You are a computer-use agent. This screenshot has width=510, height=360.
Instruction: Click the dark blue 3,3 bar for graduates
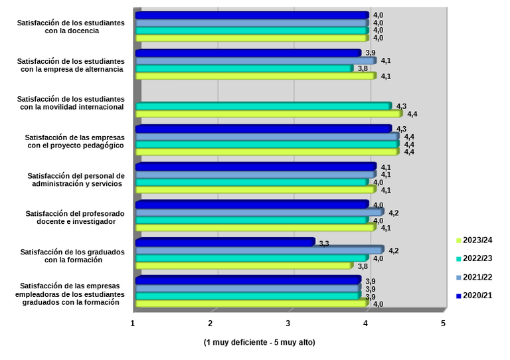pyautogui.click(x=224, y=242)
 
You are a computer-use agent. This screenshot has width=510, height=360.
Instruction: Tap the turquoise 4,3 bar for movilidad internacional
pyautogui.click(x=263, y=106)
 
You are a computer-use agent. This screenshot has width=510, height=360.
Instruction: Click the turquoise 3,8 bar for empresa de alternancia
pyautogui.click(x=244, y=68)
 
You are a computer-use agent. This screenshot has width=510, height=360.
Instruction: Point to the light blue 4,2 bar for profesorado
pyautogui.click(x=259, y=213)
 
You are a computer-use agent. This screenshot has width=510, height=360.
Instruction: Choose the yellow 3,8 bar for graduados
pyautogui.click(x=244, y=266)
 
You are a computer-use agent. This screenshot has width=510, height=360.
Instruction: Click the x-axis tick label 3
pyautogui.click(x=288, y=323)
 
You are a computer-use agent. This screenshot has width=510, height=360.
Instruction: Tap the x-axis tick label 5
pyautogui.click(x=443, y=323)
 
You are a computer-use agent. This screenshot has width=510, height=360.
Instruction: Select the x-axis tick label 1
pyautogui.click(x=133, y=323)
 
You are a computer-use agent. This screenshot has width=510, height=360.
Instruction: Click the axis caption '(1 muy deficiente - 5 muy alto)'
pyautogui.click(x=259, y=343)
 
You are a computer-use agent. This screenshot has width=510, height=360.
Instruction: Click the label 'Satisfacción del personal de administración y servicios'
pyautogui.click(x=75, y=179)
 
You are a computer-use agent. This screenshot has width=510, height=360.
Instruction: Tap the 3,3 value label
pyautogui.click(x=324, y=244)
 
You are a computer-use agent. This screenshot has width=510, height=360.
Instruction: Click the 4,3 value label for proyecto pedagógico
pyautogui.click(x=401, y=129)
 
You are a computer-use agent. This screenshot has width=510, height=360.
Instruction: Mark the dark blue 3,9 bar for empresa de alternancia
pyautogui.click(x=248, y=52)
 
